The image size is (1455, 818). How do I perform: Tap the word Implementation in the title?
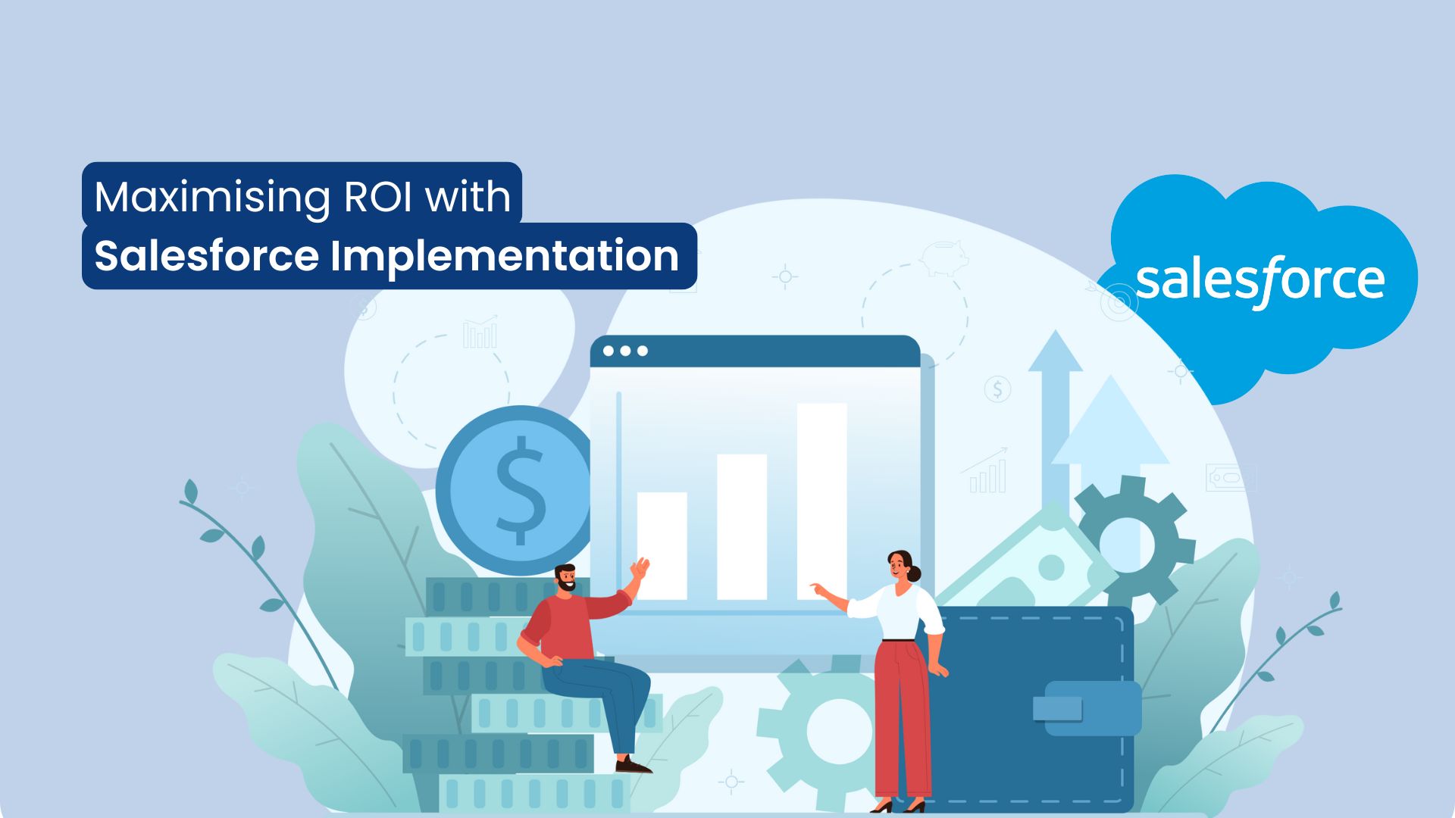(x=504, y=257)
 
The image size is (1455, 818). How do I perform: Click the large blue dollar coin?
(x=518, y=491)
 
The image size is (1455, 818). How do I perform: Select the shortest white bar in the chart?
(x=662, y=545)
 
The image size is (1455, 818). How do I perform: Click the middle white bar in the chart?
(x=742, y=526)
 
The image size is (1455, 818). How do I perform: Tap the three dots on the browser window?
(x=625, y=351)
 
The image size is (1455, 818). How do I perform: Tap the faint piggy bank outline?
(x=944, y=257)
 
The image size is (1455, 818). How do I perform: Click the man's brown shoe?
(x=633, y=766)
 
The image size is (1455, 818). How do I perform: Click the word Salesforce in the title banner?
(x=206, y=256)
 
